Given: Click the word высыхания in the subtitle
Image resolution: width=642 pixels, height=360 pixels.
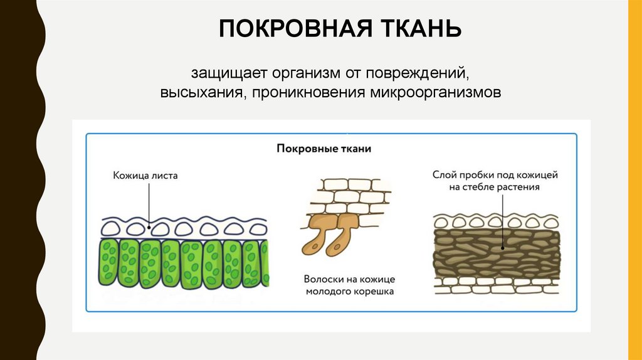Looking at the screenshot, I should coord(201,93).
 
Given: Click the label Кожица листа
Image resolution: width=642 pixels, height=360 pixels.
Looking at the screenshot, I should coord(145,176).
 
